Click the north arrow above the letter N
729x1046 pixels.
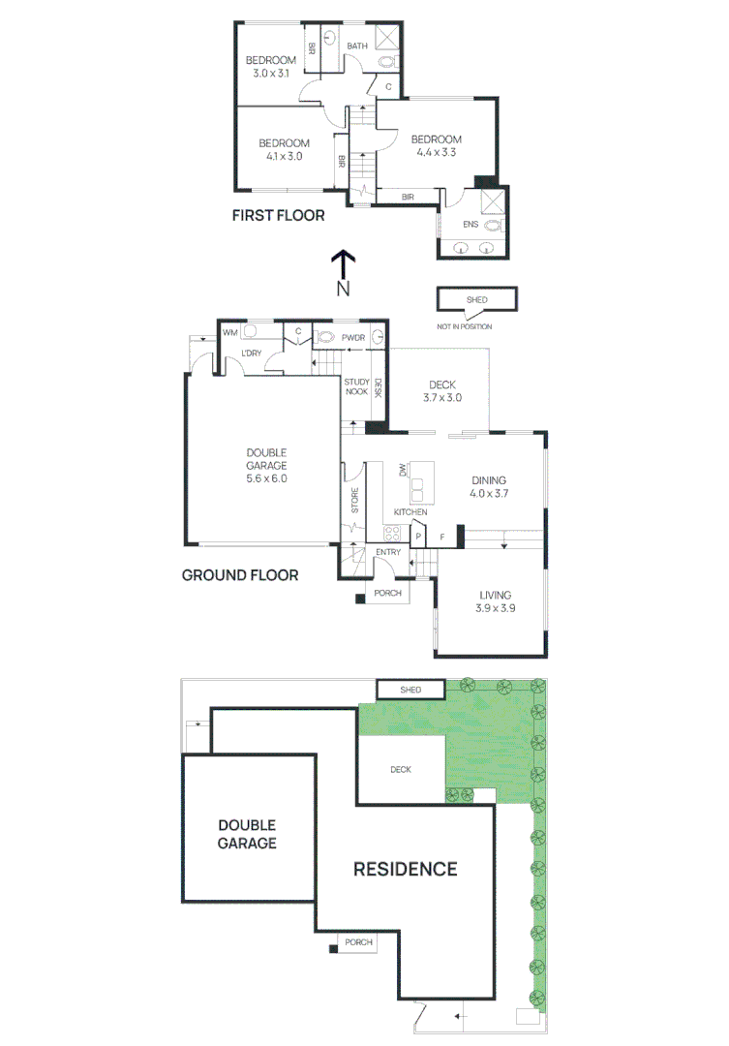tap(343, 262)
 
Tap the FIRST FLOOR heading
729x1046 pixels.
tap(278, 215)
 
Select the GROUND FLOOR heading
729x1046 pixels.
tap(240, 574)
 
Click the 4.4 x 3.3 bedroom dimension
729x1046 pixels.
tap(436, 152)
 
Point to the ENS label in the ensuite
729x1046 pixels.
tap(471, 224)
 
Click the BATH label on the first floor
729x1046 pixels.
tap(357, 46)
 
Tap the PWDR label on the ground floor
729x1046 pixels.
tap(351, 338)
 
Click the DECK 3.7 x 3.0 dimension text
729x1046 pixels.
tap(442, 398)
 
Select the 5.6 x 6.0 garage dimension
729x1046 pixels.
tap(266, 478)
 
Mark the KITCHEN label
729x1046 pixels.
tap(410, 511)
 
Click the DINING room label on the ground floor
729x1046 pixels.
tap(489, 480)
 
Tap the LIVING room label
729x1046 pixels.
tap(494, 595)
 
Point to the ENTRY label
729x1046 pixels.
tap(388, 553)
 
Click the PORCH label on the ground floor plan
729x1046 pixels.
tap(388, 594)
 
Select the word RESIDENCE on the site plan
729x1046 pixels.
tap(405, 869)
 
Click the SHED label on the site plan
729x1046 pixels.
tap(410, 690)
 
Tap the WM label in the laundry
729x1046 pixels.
tap(229, 332)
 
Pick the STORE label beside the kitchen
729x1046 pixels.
tap(353, 502)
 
